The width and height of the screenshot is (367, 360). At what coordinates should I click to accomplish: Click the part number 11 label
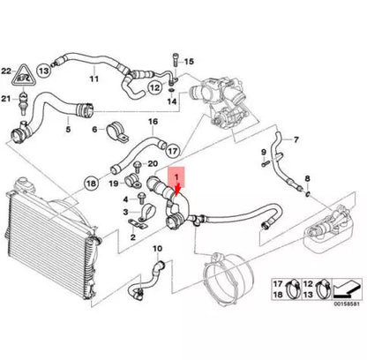(93, 79)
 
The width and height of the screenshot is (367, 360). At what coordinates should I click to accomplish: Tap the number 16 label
(153, 121)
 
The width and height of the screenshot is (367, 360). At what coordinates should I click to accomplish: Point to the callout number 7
(296, 139)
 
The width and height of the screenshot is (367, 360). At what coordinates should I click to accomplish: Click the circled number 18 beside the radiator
(90, 184)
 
